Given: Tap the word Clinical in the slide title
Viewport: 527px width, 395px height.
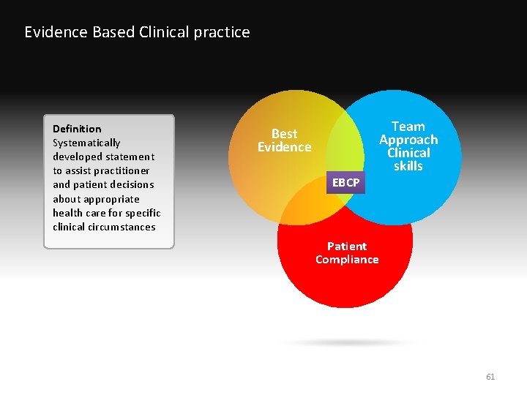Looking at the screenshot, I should (x=159, y=32).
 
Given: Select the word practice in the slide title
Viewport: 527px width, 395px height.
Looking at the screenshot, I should (x=220, y=32).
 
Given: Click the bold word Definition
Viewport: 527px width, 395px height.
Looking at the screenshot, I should (x=77, y=129).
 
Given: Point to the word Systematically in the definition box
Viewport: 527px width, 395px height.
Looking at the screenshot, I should (x=86, y=143).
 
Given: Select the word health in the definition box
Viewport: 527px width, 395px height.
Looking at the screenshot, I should (x=67, y=213).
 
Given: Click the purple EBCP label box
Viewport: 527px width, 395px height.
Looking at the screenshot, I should (x=345, y=183).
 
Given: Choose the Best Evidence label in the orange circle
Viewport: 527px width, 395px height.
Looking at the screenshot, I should (x=284, y=140).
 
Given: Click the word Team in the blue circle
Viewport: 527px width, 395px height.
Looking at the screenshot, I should (x=408, y=127).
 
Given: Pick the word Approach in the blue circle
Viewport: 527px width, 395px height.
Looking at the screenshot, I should (x=408, y=140).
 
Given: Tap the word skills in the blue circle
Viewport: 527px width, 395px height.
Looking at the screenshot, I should (x=408, y=166).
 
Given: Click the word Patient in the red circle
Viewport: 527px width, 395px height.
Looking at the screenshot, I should (x=347, y=246).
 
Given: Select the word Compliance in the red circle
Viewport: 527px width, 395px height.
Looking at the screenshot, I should (x=347, y=260).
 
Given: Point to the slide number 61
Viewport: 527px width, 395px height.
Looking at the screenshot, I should (x=490, y=377).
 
